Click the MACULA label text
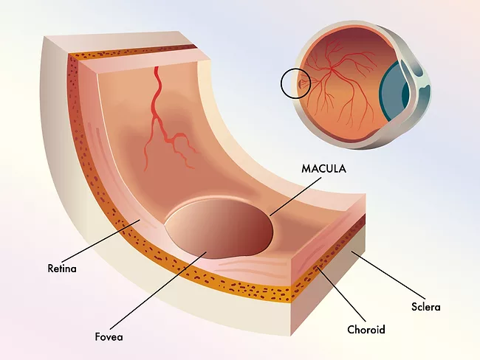pos(323,169)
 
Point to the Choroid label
pos(366,330)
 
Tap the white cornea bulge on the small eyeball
pos(420,85)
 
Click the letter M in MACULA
pos(306,169)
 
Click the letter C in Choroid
pos(351,330)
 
